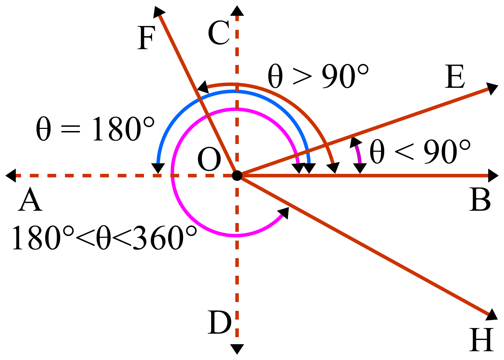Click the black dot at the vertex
pyautogui.click(x=237, y=175)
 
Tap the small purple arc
pyautogui.click(x=359, y=154)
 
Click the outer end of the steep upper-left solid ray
pyautogui.click(x=160, y=16)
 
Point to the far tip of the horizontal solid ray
pyautogui.click(x=488, y=176)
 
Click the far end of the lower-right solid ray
pyautogui.click(x=488, y=314)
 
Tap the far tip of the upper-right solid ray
pyautogui.click(x=488, y=89)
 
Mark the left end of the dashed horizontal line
pyautogui.click(x=17, y=176)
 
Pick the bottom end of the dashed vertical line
pyautogui.click(x=237, y=336)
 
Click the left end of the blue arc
pyautogui.click(x=158, y=163)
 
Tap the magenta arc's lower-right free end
pyautogui.click(x=282, y=215)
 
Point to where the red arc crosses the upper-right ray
pyautogui.click(x=326, y=145)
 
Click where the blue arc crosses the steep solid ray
pyautogui.click(x=201, y=100)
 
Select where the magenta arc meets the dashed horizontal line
pyautogui.click(x=172, y=176)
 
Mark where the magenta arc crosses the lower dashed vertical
pyautogui.click(x=237, y=235)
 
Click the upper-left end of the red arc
pyautogui.click(x=208, y=87)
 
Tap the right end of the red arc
pyautogui.click(x=333, y=163)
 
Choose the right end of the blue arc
pyautogui.click(x=309, y=163)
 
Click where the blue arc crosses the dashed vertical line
pyautogui.click(x=237, y=91)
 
